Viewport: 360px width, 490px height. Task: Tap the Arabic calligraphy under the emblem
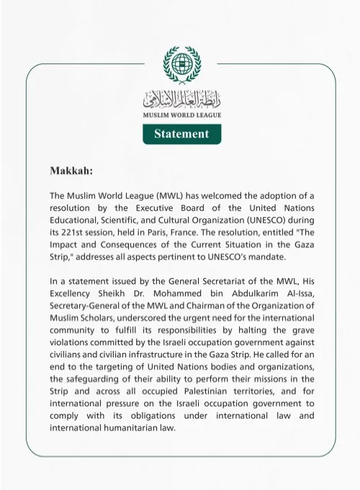pos(181,97)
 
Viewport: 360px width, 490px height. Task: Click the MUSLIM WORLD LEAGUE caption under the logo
pos(181,115)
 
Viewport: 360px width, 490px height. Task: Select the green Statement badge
pos(181,134)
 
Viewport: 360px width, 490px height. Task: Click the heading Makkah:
pos(71,171)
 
